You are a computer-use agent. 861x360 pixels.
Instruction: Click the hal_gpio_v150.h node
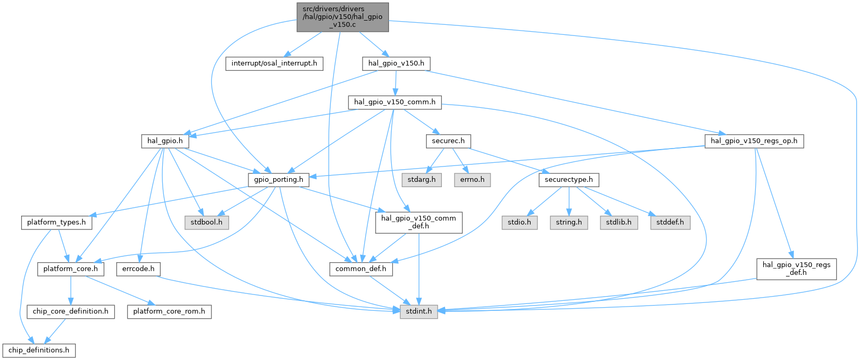[396, 63]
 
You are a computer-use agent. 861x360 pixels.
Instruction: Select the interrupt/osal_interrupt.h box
[274, 63]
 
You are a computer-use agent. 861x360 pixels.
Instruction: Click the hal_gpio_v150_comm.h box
[394, 103]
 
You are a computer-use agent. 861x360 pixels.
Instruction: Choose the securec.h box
[448, 141]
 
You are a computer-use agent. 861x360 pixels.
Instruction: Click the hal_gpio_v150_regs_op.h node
[754, 141]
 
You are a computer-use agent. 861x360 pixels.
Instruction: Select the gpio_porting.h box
[279, 180]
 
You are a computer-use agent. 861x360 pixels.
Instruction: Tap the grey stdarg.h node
[422, 180]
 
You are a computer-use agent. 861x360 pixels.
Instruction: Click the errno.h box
[472, 180]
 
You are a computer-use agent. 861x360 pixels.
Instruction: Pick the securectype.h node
[569, 180]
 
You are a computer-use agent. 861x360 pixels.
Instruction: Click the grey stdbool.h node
[207, 223]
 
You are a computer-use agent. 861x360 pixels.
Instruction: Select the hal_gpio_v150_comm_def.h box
[419, 223]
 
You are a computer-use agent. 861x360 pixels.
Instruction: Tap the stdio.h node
[520, 223]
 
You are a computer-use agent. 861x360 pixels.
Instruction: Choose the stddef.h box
[670, 223]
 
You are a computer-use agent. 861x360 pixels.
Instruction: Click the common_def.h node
[360, 269]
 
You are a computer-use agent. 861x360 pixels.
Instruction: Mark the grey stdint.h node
[419, 311]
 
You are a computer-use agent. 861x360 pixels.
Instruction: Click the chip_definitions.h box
[39, 350]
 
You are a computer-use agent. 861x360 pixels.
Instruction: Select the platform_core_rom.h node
[169, 311]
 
